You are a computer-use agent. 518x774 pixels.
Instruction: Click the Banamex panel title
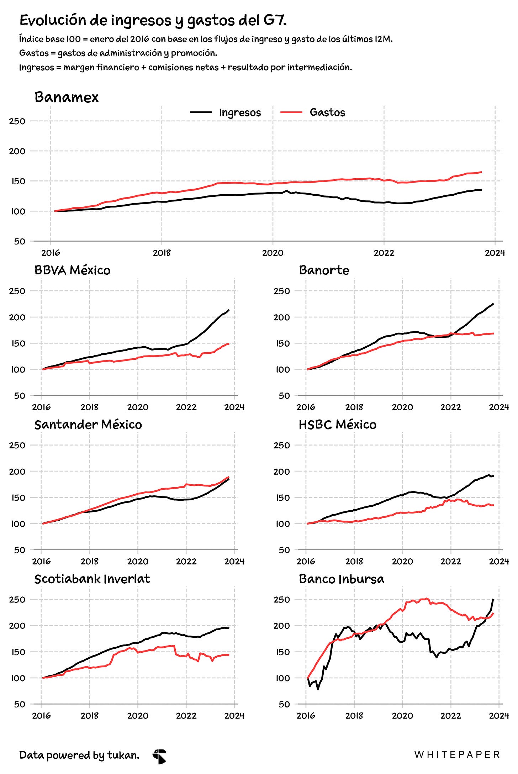coord(67,97)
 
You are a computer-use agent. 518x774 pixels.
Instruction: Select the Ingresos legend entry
coord(226,112)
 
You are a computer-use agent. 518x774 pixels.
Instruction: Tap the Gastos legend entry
coord(313,112)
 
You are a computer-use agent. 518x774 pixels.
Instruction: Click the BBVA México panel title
coord(72,270)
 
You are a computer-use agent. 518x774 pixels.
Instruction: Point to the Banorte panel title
coord(324,270)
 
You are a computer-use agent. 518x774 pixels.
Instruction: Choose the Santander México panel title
coord(88,425)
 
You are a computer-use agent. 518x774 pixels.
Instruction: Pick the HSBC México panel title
coord(338,425)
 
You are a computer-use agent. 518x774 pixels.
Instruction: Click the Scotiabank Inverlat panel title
coord(92,579)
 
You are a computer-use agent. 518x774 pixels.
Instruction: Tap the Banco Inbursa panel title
coord(342,579)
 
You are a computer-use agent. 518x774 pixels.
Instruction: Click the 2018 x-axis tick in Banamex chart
coord(162,253)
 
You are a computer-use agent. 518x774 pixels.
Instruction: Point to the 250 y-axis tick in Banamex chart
coord(17,121)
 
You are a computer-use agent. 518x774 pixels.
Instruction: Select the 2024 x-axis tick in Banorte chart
coord(499,407)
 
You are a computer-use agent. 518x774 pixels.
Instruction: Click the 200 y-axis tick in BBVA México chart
coord(17,317)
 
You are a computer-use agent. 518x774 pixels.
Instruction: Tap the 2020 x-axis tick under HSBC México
coord(402,562)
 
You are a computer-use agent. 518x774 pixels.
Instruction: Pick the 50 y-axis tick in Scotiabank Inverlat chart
coord(20,704)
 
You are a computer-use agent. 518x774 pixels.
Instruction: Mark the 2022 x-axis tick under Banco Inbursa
coord(451,716)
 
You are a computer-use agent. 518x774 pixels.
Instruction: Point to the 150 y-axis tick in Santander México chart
coord(17,497)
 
